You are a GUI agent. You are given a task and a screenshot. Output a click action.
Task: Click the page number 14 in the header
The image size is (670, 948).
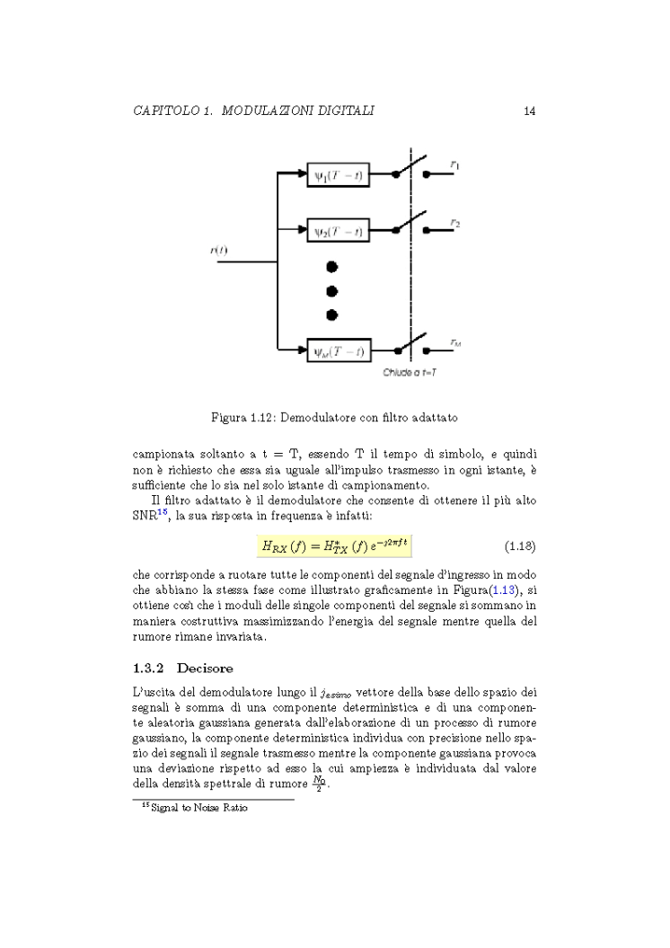point(530,111)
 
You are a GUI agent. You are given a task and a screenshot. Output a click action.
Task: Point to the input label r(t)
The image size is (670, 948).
point(218,249)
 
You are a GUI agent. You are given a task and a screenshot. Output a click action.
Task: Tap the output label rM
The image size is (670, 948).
point(455,342)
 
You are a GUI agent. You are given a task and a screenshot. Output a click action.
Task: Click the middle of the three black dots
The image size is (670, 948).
point(331,290)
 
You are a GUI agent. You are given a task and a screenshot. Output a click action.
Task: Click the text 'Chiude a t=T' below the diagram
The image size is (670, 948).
point(410,371)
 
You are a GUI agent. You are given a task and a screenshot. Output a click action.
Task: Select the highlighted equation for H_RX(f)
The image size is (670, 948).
point(334,545)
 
